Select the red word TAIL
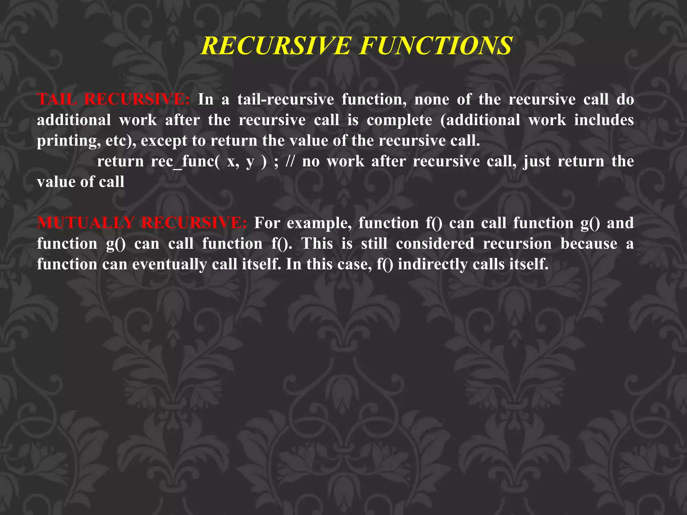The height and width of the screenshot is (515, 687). (x=57, y=99)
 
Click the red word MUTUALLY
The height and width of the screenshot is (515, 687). (x=86, y=223)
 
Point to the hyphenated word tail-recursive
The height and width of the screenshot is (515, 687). (x=285, y=99)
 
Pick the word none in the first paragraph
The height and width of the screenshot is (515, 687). (x=431, y=99)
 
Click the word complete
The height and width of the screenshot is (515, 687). (x=399, y=120)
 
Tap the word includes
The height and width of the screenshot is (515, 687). (x=603, y=120)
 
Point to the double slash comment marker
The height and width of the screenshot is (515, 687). (x=290, y=162)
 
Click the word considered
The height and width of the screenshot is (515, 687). (x=435, y=244)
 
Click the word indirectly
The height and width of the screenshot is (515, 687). (x=432, y=265)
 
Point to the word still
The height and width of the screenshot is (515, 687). (x=374, y=244)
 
